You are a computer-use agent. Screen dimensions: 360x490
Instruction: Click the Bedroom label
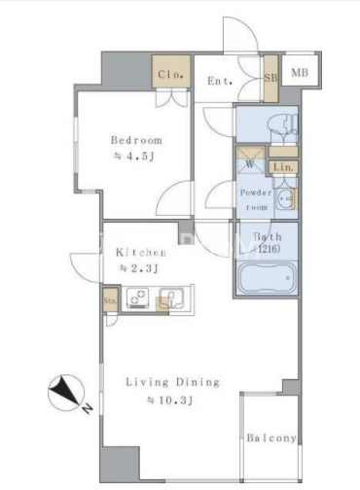point(136,140)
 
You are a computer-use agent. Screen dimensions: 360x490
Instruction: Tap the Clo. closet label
point(171,75)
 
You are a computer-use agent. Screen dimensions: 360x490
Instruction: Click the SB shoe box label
point(270,78)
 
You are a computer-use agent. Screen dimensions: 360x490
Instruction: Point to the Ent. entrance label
point(220,81)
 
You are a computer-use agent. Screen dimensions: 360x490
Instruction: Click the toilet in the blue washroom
point(285,127)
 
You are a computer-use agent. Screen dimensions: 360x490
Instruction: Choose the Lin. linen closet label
point(283,167)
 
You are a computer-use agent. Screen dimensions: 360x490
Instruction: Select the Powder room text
point(256,199)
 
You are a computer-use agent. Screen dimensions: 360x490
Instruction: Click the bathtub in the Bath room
point(267,278)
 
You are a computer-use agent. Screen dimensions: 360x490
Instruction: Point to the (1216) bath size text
point(268,249)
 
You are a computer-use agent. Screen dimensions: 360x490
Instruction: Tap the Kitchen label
point(141,252)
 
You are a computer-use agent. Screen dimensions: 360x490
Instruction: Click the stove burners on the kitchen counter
point(138,297)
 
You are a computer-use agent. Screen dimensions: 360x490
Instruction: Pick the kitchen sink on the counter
point(171,297)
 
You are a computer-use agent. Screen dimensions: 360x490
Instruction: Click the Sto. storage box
point(110,300)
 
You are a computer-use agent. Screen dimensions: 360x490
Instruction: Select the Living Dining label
point(172,382)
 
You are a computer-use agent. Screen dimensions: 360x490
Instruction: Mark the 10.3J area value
point(170,401)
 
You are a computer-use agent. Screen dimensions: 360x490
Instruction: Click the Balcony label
point(271,437)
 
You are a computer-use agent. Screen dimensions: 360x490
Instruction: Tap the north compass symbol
point(66,393)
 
